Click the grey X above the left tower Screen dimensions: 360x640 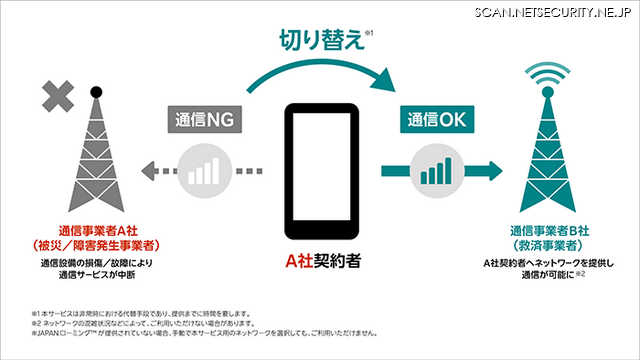point(61,98)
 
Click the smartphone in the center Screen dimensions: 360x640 point(320,175)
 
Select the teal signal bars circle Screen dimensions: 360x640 point(436,169)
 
